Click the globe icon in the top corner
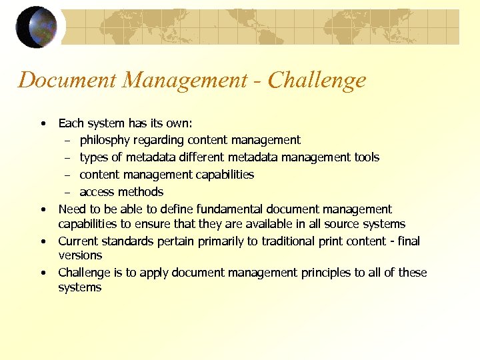pos(37,27)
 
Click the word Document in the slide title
pos(57,81)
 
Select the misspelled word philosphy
pos(107,140)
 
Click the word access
pos(97,192)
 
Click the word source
pos(339,224)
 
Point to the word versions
pos(80,255)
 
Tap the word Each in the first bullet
pos(70,123)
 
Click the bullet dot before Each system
pos(43,123)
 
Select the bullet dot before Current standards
pos(43,241)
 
